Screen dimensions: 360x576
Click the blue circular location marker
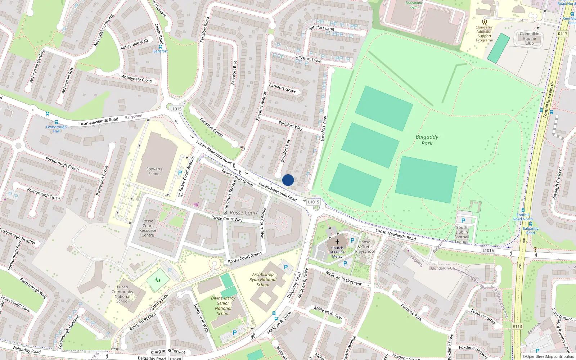pyautogui.click(x=288, y=180)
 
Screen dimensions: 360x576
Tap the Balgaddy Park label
pyautogui.click(x=427, y=140)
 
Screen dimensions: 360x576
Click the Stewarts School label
pyautogui.click(x=154, y=171)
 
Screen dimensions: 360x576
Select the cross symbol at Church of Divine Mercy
pyautogui.click(x=337, y=242)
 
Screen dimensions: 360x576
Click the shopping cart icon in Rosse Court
pyautogui.click(x=196, y=204)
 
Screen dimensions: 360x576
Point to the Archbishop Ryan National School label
pyautogui.click(x=263, y=279)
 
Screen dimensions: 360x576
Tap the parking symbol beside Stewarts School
pyautogui.click(x=180, y=173)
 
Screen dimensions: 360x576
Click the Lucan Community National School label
pyautogui.click(x=122, y=294)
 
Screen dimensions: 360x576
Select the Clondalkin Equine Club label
pyautogui.click(x=529, y=39)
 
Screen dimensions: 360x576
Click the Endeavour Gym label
pyautogui.click(x=414, y=5)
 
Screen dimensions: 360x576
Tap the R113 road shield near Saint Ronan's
pyautogui.click(x=517, y=326)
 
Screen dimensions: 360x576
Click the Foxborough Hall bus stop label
pyautogui.click(x=57, y=129)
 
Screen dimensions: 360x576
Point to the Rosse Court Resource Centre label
pyautogui.click(x=148, y=228)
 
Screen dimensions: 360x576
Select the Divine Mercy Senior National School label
pyautogui.click(x=223, y=306)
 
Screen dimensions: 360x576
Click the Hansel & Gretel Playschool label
pyautogui.click(x=365, y=247)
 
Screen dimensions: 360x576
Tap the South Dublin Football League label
pyautogui.click(x=462, y=235)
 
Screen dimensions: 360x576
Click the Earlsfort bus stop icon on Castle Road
pyautogui.click(x=161, y=47)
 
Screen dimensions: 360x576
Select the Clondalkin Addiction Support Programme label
pyautogui.click(x=485, y=34)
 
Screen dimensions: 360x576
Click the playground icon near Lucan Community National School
pyautogui.click(x=158, y=280)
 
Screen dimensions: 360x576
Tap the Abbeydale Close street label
pyautogui.click(x=136, y=78)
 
